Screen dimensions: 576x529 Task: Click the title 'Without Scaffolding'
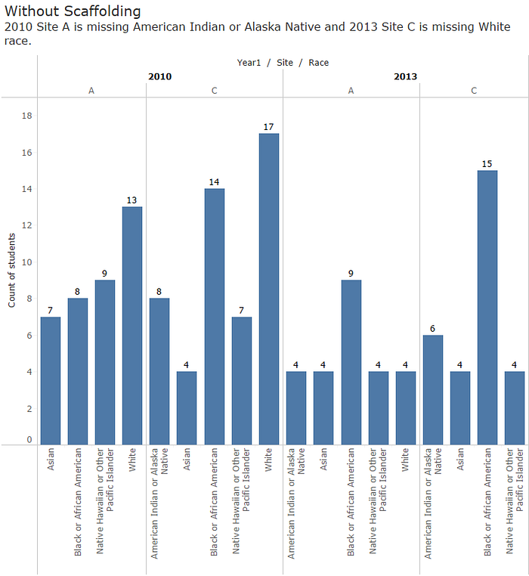click(73, 11)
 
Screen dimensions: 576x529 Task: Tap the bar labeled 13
click(132, 325)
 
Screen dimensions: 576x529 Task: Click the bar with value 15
click(487, 307)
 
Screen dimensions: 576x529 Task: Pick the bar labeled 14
click(215, 316)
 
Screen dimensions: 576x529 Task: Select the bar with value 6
click(432, 389)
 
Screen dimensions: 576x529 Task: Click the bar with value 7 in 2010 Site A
click(51, 380)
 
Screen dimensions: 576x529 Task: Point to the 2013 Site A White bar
click(406, 407)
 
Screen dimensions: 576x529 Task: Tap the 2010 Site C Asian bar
click(187, 407)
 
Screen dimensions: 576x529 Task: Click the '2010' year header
click(159, 76)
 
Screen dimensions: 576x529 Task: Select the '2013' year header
click(405, 76)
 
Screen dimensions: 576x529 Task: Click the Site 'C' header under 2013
click(474, 91)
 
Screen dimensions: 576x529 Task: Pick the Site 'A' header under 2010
click(91, 91)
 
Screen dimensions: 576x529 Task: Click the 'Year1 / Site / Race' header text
click(283, 63)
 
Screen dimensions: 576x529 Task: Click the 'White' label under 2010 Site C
click(269, 462)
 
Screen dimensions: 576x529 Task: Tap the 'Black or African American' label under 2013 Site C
click(487, 502)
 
